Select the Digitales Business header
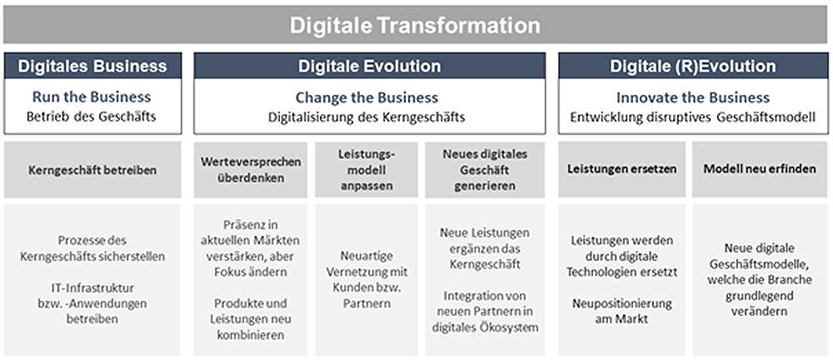pyautogui.click(x=92, y=66)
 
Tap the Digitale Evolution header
pyautogui.click(x=369, y=66)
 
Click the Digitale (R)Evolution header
pyautogui.click(x=693, y=66)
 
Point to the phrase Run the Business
pyautogui.click(x=92, y=97)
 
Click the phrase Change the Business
pyautogui.click(x=367, y=97)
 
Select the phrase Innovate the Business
pyautogui.click(x=693, y=97)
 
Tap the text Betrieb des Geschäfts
pyautogui.click(x=92, y=116)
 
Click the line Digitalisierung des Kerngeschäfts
pyautogui.click(x=367, y=117)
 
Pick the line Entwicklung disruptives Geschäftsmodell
pyautogui.click(x=693, y=117)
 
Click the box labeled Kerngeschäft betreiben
pyautogui.click(x=92, y=170)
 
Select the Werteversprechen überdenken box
pyautogui.click(x=250, y=170)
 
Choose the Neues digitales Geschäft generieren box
pyautogui.click(x=485, y=170)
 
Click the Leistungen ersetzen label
pyautogui.click(x=622, y=169)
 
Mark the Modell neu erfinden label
pyautogui.click(x=760, y=169)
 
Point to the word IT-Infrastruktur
pyautogui.click(x=92, y=287)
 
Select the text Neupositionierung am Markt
pyautogui.click(x=622, y=311)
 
